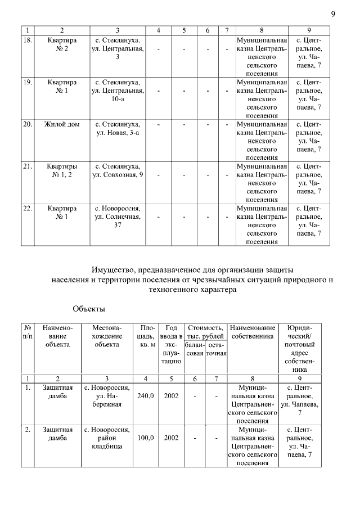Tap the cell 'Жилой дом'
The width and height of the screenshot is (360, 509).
point(62,123)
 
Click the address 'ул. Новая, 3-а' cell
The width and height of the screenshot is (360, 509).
point(118,128)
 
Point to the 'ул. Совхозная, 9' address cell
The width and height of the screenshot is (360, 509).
point(118,170)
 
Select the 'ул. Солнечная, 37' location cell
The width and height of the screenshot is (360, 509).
point(118,217)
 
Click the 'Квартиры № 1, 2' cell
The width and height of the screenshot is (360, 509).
point(62,170)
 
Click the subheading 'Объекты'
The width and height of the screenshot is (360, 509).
point(89,308)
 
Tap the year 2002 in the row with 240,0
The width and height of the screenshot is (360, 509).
point(171,396)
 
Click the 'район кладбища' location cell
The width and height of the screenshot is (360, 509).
point(107,438)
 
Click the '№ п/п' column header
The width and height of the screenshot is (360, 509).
point(28,332)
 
